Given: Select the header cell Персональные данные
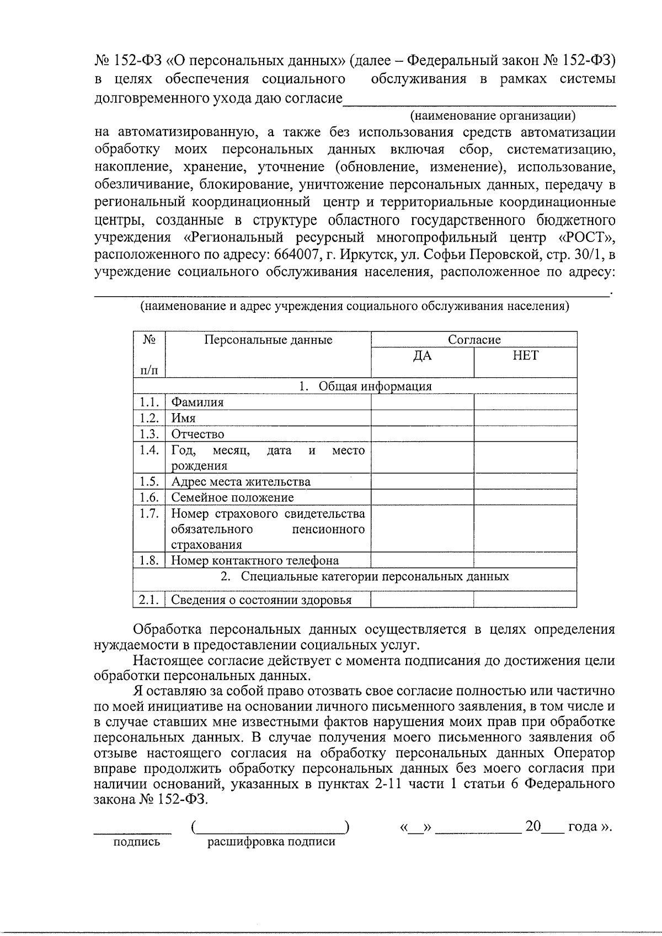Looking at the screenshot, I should click(x=268, y=340).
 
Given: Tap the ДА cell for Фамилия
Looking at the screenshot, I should click(x=422, y=403).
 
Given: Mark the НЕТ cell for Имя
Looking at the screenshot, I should click(x=525, y=418).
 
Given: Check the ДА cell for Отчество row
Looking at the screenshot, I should click(x=422, y=434).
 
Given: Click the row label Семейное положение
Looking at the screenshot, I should click(x=232, y=498).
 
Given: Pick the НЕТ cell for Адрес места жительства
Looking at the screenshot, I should click(x=525, y=482).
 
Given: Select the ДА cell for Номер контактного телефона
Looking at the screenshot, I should click(x=422, y=560).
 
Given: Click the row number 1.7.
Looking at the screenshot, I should click(x=149, y=514).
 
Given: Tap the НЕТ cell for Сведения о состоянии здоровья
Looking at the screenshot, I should click(x=525, y=600).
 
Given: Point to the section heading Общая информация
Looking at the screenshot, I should click(x=375, y=386).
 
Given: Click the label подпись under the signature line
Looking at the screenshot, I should click(x=136, y=842).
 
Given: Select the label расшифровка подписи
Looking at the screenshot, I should click(x=271, y=842).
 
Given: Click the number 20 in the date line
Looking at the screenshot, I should click(x=532, y=826).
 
